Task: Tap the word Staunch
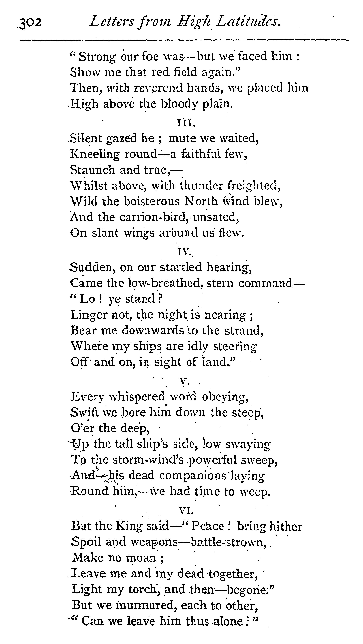tap(92, 170)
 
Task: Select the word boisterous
tap(152, 201)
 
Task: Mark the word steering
tap(235, 347)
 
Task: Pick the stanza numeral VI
tap(186, 511)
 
